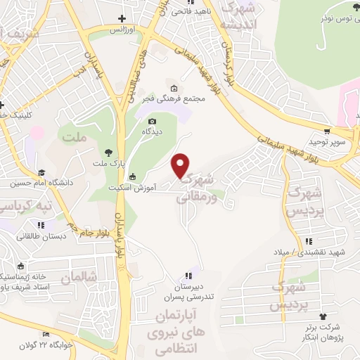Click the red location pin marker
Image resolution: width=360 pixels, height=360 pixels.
[x=181, y=165]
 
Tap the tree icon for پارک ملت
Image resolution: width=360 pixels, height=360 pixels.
[x=107, y=152]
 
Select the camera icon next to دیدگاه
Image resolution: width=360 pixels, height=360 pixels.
[x=133, y=122]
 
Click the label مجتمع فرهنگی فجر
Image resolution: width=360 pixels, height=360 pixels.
[x=181, y=99]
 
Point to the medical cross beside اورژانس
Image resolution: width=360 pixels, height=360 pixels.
[x=122, y=19]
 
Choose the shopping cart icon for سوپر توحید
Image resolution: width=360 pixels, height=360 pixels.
[x=328, y=131]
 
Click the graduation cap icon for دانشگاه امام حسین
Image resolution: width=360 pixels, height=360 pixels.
[x=41, y=172]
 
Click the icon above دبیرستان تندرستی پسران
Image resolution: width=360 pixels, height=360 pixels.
[x=187, y=276]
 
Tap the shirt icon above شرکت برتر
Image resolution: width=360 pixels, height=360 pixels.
[x=323, y=316]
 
